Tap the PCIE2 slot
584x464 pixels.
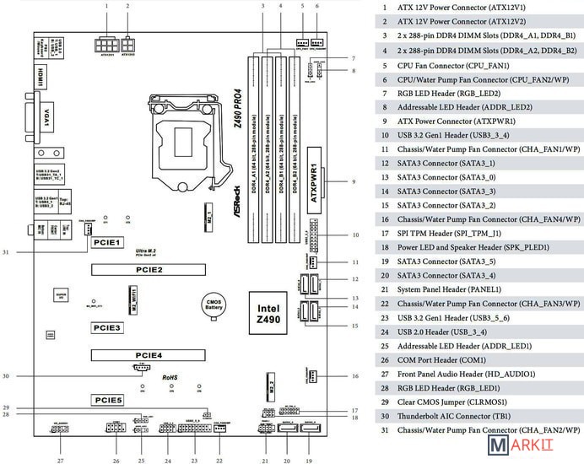click(148, 270)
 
